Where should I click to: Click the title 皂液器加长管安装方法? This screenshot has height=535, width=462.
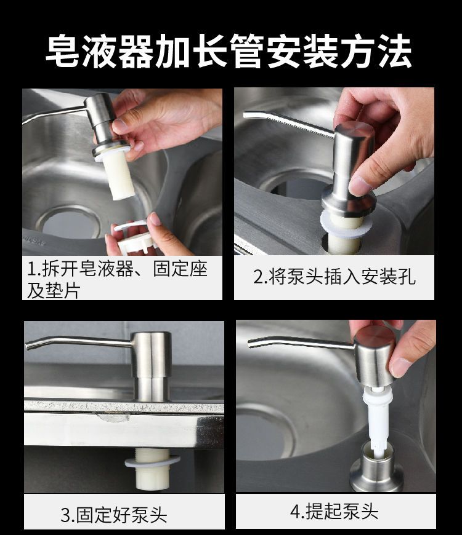229,51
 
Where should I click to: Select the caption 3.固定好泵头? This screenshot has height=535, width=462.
114,515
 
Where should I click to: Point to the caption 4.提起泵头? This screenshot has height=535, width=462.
334,511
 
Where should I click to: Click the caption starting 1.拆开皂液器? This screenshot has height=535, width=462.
117,279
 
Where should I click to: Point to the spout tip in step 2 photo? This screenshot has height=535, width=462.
246,115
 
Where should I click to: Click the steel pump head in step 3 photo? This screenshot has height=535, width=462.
151,366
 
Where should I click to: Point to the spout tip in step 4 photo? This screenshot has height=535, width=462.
251,344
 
